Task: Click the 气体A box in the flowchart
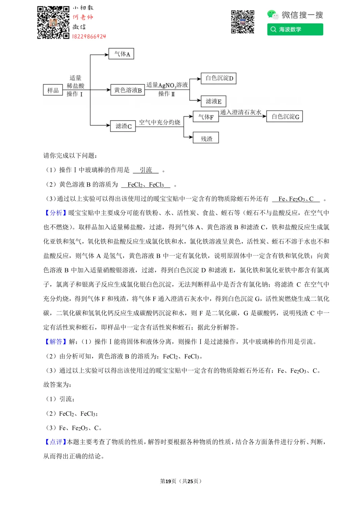[x=121, y=54]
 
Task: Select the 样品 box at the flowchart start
[x=53, y=90]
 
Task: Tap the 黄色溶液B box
[x=128, y=90]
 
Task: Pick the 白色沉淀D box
[x=219, y=78]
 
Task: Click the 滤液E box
[x=214, y=101]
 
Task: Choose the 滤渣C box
[x=123, y=126]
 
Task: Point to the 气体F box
[x=206, y=117]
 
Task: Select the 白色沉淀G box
[x=285, y=116]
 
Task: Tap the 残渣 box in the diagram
[x=206, y=138]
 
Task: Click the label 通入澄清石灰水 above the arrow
[x=240, y=112]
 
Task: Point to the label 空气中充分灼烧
[x=159, y=122]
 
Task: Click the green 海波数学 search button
[x=295, y=29]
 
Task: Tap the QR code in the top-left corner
[x=53, y=22]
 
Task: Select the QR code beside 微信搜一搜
[x=242, y=22]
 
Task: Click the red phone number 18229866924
[x=89, y=36]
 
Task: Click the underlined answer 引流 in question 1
[x=146, y=170]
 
